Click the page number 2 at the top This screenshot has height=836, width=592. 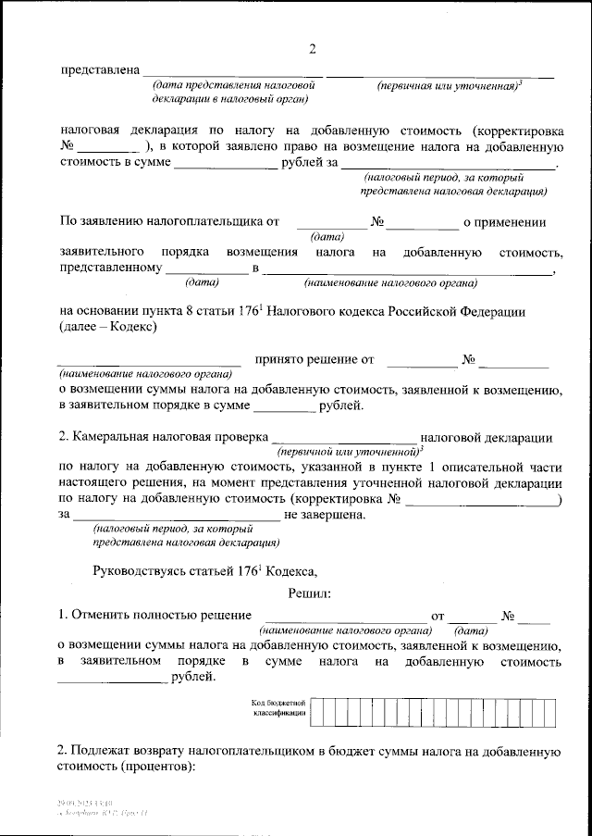click(312, 49)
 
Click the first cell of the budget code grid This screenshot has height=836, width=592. click(316, 710)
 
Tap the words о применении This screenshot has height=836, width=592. click(504, 222)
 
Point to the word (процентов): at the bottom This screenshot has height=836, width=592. click(158, 767)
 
